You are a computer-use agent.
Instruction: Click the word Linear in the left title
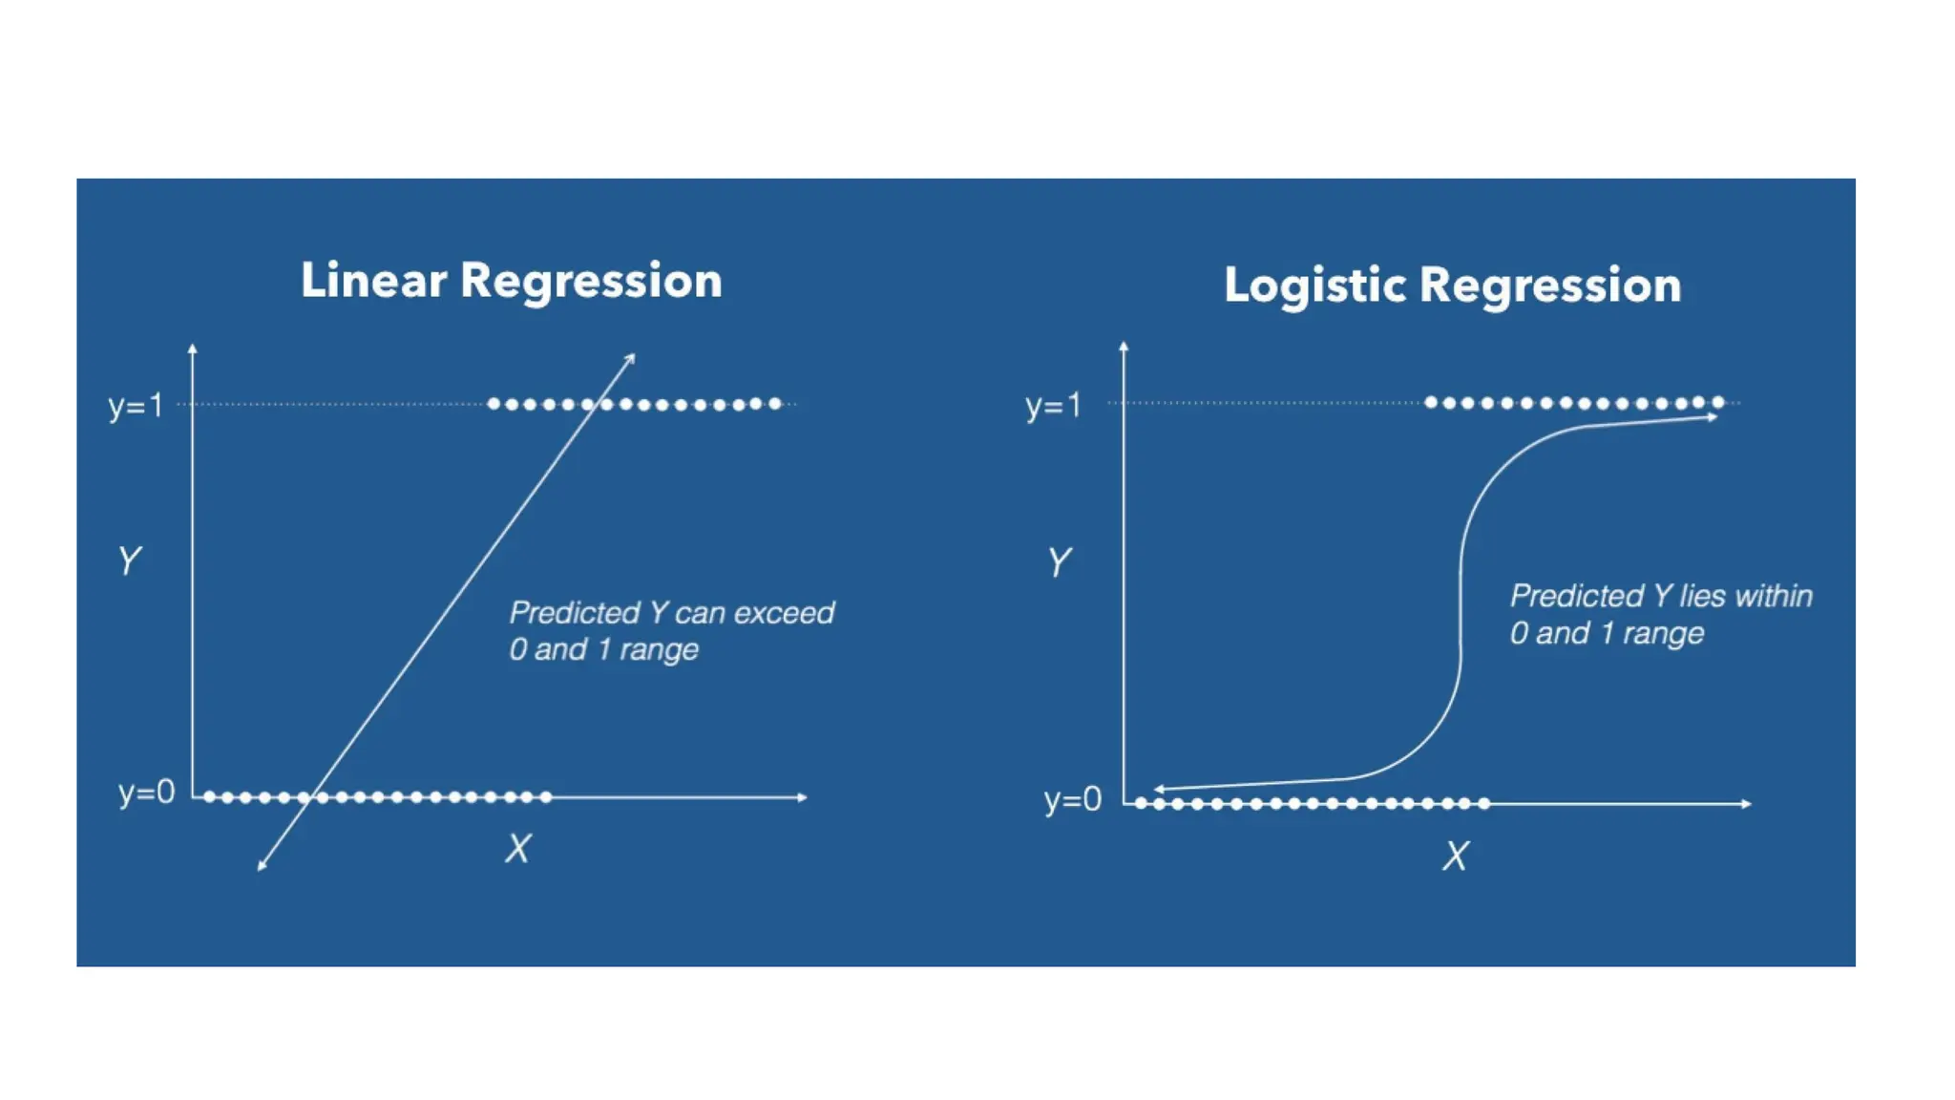pos(373,281)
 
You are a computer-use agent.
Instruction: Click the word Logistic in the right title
pos(1314,286)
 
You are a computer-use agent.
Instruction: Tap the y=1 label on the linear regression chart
pos(136,407)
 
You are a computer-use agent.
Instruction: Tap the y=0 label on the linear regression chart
pos(146,793)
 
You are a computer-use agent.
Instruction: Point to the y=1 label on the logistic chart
pos(1053,407)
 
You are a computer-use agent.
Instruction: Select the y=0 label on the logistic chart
pos(1072,799)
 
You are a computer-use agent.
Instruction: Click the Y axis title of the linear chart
pos(129,561)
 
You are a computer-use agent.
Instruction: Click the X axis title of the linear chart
pos(517,849)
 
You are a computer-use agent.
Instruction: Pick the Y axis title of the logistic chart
pos(1059,562)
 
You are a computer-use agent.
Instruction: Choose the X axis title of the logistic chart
pos(1455,857)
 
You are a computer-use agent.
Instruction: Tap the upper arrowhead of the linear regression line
pos(631,358)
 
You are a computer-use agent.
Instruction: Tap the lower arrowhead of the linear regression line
pos(262,866)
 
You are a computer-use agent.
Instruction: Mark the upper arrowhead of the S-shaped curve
pos(1713,417)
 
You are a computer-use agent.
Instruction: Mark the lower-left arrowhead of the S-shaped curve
pos(1159,790)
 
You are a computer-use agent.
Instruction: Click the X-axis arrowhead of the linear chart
pos(803,797)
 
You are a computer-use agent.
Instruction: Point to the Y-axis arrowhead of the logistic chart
pos(1124,346)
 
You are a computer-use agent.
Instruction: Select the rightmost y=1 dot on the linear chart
pos(775,404)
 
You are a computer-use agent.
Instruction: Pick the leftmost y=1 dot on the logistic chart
pos(1430,403)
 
